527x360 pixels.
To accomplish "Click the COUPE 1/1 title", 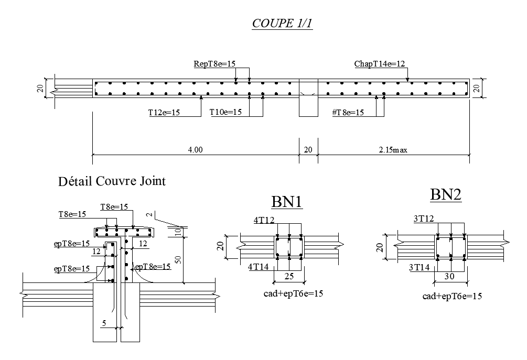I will click(282, 24).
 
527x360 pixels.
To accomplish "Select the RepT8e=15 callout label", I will click(214, 64).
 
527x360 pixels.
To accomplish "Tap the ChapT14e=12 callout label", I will click(380, 64).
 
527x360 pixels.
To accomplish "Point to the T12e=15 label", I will click(164, 112).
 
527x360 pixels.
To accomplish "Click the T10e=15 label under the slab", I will click(225, 112).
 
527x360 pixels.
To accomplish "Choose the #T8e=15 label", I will click(348, 112).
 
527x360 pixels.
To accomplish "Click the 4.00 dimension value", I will click(195, 150).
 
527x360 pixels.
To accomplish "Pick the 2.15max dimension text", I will click(393, 150).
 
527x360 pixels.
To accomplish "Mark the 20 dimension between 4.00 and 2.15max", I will click(308, 150).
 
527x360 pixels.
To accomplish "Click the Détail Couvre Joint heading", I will click(112, 182).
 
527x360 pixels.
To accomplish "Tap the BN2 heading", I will click(446, 195).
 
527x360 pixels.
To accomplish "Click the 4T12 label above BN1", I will click(264, 221).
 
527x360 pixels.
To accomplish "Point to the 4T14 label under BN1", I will click(258, 267).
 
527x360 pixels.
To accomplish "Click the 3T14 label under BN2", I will click(419, 268).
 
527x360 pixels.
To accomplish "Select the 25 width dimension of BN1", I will click(289, 276).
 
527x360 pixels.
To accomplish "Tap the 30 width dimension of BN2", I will click(449, 276).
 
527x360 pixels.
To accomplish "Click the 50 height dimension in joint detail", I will click(178, 259).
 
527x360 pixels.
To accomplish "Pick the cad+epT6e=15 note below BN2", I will click(452, 296).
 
